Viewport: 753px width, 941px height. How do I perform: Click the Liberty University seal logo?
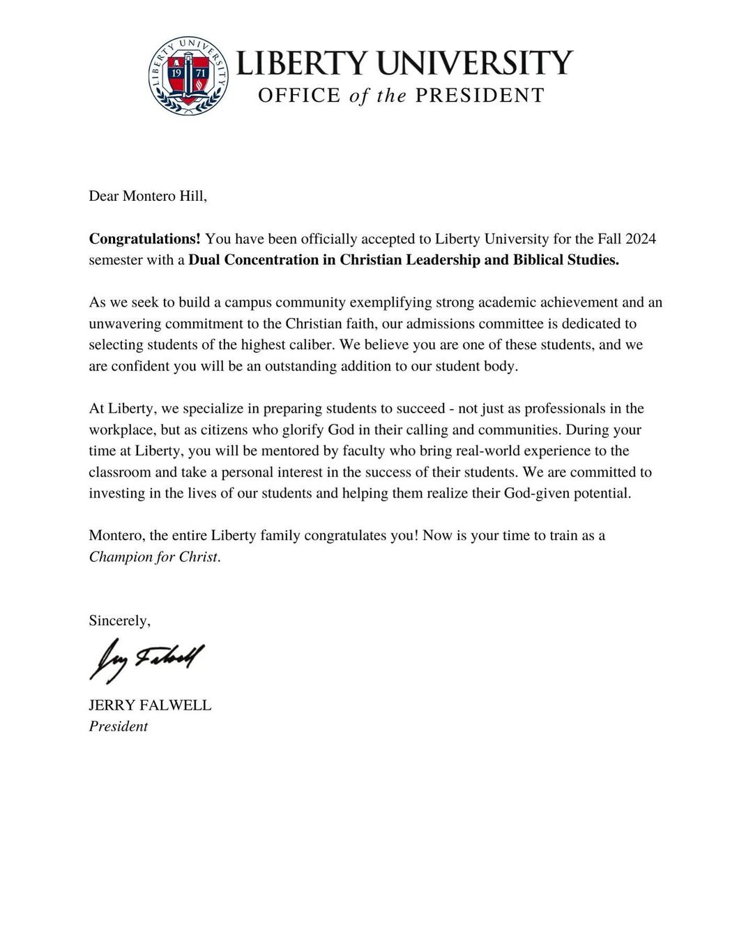pyautogui.click(x=188, y=75)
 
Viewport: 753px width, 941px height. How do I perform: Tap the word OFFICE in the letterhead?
pyautogui.click(x=299, y=95)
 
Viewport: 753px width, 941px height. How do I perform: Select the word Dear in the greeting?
pyautogui.click(x=104, y=196)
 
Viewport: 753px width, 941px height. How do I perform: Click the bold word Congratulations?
pyautogui.click(x=144, y=239)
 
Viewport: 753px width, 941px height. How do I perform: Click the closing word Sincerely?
pyautogui.click(x=119, y=620)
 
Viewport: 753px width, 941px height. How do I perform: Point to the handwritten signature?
pyautogui.click(x=146, y=659)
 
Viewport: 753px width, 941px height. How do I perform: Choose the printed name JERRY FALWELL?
pyautogui.click(x=150, y=705)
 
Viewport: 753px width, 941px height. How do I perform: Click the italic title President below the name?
pyautogui.click(x=118, y=726)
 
